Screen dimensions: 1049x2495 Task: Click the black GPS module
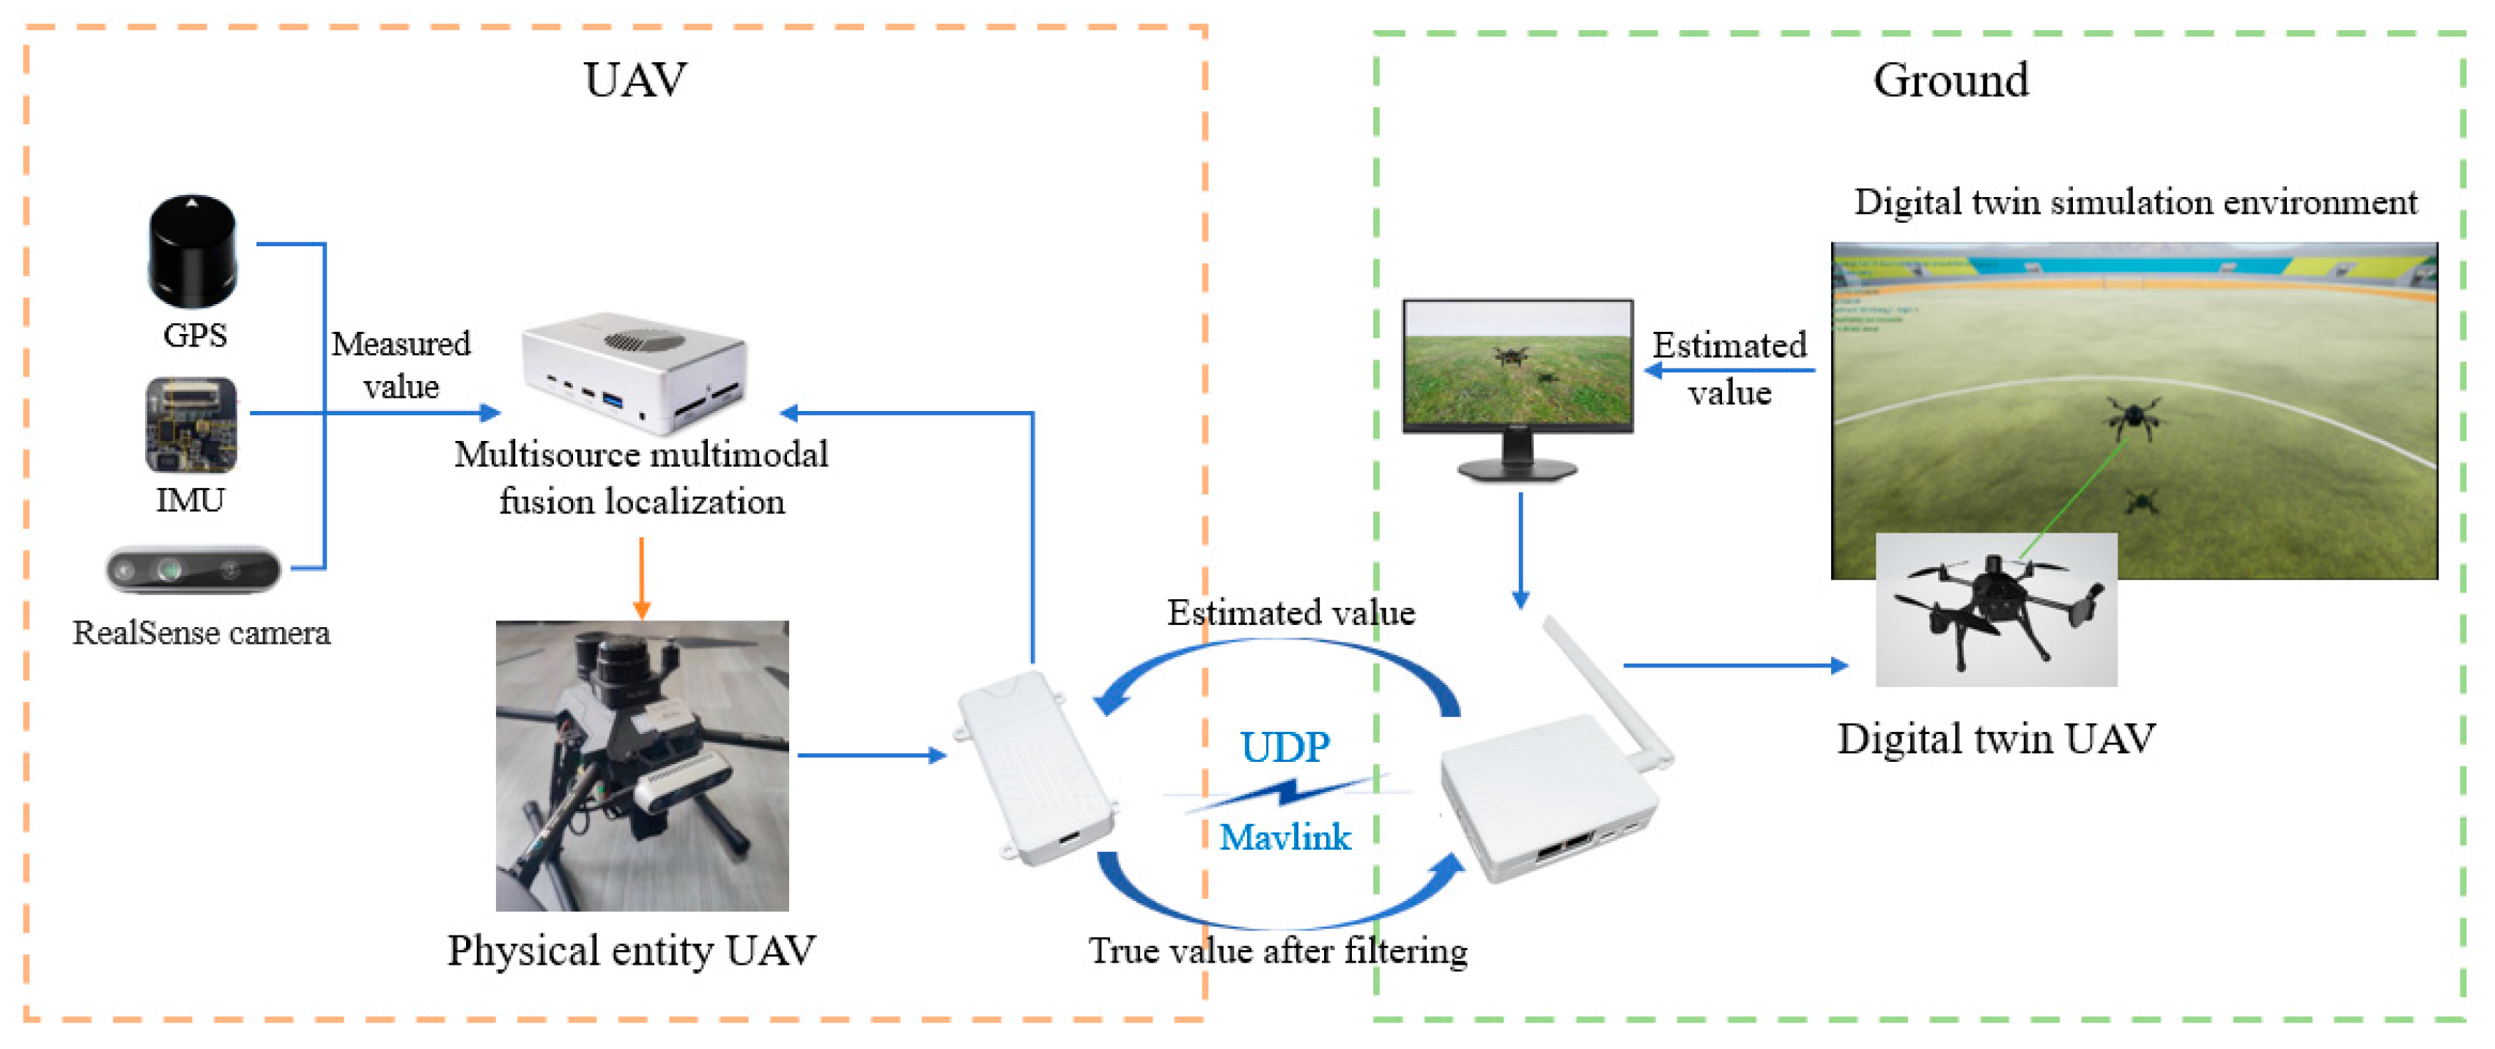193,250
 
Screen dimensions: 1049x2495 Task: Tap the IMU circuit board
191,424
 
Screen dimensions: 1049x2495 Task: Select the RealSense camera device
193,569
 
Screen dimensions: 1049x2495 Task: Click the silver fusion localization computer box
635,373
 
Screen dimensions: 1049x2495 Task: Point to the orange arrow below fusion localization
641,578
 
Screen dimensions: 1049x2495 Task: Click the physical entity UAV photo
642,766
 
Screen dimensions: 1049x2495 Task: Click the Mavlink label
1285,837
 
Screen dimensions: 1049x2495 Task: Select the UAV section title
635,79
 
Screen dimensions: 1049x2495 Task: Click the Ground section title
1950,79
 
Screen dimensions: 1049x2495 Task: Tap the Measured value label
401,365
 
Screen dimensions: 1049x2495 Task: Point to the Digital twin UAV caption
1995,738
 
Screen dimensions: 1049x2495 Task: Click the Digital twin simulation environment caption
2134,202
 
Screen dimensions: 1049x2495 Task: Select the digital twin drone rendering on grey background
1995,610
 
